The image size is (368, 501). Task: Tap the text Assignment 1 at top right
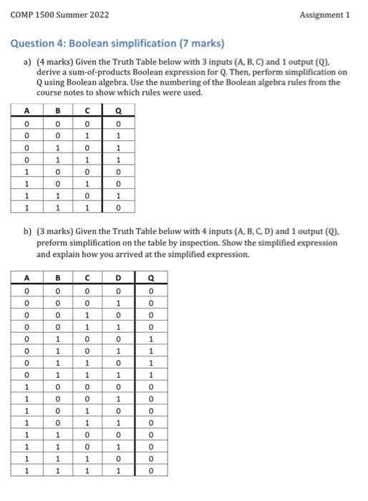click(326, 14)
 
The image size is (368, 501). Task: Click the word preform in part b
click(51, 243)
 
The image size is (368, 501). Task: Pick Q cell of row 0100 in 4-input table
click(150, 339)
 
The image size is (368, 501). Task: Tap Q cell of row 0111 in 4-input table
click(150, 374)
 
